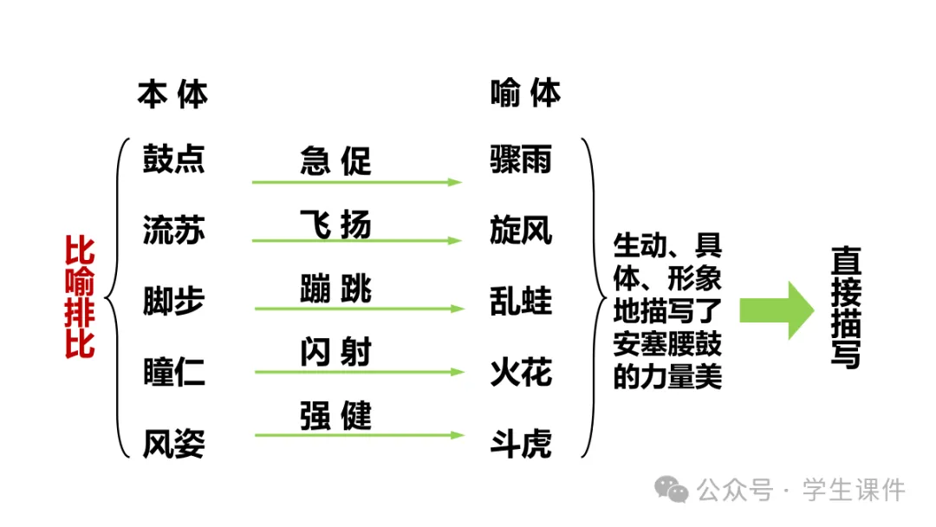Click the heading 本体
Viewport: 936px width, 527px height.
click(172, 94)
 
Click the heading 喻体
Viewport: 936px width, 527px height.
click(525, 94)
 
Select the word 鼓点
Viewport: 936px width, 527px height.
click(173, 159)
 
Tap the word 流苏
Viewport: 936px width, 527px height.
click(173, 231)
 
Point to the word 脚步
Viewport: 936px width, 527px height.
click(173, 302)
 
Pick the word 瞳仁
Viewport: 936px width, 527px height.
click(173, 373)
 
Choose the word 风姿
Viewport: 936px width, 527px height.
click(173, 444)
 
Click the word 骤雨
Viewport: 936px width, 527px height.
click(520, 159)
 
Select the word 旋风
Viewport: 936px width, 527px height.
click(520, 231)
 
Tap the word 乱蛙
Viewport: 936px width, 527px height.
click(520, 302)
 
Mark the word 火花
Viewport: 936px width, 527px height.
click(520, 373)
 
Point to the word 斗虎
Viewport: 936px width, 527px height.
click(520, 444)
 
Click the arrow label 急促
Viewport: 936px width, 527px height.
click(335, 161)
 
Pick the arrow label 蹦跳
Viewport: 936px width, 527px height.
click(335, 289)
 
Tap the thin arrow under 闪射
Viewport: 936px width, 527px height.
click(359, 372)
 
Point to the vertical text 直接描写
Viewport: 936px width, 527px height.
click(845, 308)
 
